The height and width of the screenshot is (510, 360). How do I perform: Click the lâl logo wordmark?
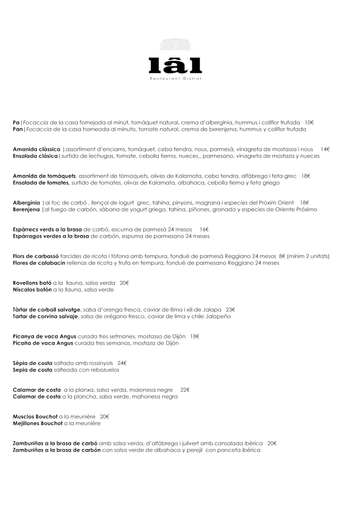(175, 65)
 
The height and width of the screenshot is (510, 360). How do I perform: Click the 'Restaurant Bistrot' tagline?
(175, 78)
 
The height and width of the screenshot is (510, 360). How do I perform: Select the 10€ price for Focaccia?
(309, 122)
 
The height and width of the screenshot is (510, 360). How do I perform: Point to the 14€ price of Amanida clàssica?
(325, 149)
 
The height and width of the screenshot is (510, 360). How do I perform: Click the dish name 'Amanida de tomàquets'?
(44, 176)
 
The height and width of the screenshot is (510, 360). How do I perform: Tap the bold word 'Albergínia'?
(26, 203)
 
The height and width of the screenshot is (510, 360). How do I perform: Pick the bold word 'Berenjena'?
(26, 209)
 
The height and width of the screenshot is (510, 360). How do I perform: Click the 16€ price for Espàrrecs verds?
(204, 230)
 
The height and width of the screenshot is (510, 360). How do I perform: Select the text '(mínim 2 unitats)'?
(308, 256)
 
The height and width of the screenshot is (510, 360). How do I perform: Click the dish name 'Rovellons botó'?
(32, 283)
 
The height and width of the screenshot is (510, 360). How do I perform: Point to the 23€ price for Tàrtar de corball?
(230, 310)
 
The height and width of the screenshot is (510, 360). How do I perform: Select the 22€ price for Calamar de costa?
(185, 390)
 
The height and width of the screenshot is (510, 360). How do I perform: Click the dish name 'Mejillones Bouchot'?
(37, 423)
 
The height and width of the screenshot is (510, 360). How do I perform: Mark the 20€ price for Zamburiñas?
(272, 443)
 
